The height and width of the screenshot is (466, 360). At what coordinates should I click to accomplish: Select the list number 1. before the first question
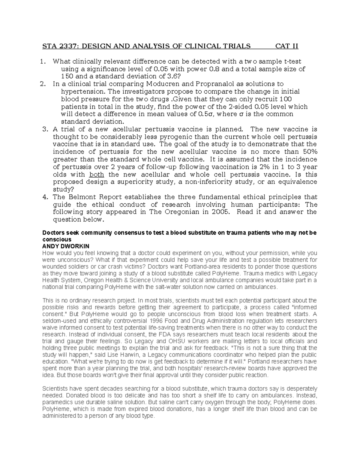coord(43,62)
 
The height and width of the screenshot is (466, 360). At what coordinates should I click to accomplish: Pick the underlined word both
coord(97,175)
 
